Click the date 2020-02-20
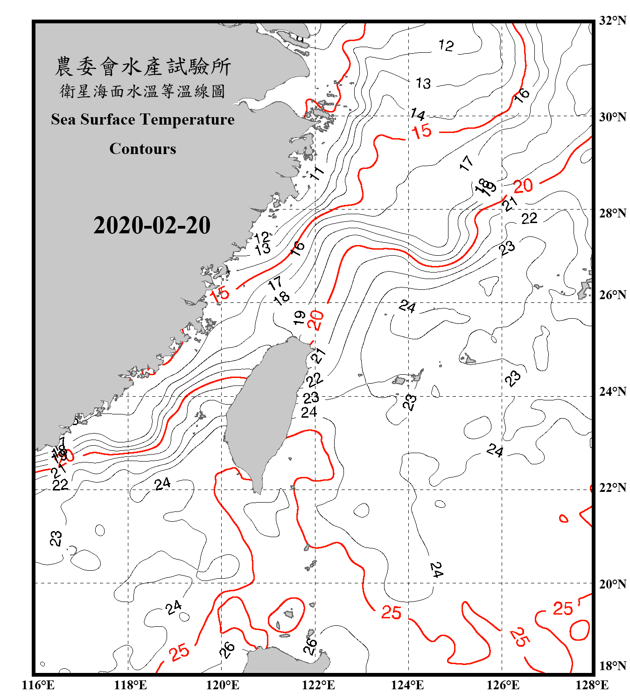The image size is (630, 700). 152,225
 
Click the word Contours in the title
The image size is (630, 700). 143,148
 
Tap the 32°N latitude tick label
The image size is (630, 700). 612,21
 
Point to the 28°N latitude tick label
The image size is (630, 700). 612,213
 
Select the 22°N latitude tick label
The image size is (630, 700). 612,488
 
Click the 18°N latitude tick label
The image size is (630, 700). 612,666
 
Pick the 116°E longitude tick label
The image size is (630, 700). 38,685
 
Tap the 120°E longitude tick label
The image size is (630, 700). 223,685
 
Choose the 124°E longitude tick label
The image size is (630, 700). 407,685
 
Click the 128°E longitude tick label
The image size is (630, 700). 592,685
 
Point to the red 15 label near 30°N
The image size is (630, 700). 422,132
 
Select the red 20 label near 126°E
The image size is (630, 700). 523,186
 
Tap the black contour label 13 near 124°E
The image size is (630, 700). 423,84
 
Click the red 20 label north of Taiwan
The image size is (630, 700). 316,321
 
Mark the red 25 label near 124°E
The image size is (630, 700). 391,613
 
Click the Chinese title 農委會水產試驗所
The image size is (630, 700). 143,67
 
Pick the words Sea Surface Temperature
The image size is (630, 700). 143,119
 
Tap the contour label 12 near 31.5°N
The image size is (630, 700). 446,45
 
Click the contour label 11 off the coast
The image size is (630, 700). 317,174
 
